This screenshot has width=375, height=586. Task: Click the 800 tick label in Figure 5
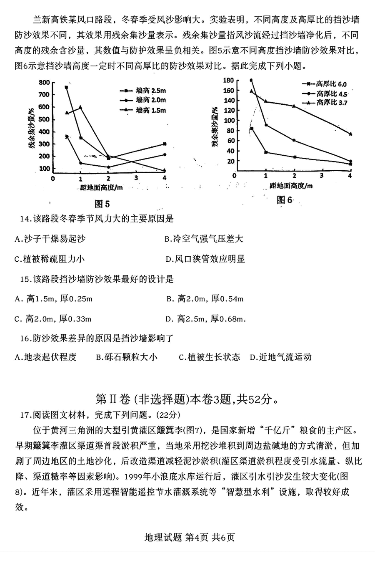(x=43, y=82)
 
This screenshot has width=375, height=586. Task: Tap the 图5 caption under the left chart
(x=102, y=204)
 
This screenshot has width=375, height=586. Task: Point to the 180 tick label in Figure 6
(x=228, y=80)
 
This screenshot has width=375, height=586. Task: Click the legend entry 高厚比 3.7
(x=326, y=102)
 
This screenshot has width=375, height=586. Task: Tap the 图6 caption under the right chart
(x=285, y=200)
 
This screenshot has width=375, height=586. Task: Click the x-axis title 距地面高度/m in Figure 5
(x=102, y=187)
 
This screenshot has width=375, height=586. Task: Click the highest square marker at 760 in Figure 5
(x=66, y=87)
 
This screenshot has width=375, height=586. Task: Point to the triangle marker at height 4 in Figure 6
(x=350, y=134)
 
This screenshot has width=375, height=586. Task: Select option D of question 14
(x=205, y=259)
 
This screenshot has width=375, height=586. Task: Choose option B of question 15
(x=205, y=299)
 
